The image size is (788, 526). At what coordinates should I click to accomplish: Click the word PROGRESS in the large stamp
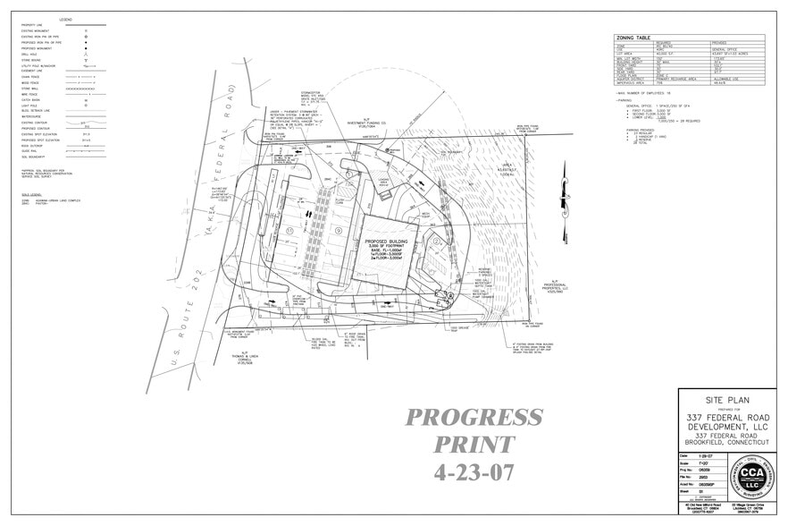point(474,417)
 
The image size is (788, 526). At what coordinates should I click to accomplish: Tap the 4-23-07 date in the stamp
point(474,470)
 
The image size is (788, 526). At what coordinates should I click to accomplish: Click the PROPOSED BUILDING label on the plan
point(387,242)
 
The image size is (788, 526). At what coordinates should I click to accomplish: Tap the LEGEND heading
point(66,20)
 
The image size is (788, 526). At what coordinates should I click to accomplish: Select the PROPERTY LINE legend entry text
point(36,25)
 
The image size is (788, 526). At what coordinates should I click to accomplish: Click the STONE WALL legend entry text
point(31,89)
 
